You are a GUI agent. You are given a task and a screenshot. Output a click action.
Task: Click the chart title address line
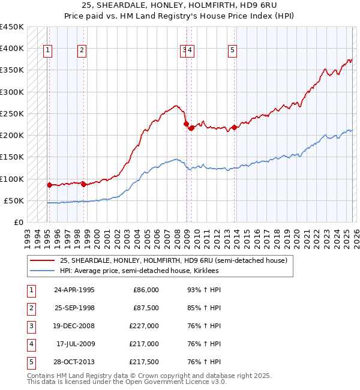(x=179, y=5)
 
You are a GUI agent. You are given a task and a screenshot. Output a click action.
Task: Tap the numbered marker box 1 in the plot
(x=47, y=50)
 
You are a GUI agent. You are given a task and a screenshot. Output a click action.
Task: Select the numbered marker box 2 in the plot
(x=82, y=50)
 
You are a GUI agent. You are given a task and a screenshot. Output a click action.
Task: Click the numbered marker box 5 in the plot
(x=232, y=50)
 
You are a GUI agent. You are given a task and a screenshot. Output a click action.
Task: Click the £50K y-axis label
(x=14, y=200)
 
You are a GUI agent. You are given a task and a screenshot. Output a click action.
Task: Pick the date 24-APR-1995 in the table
(x=74, y=290)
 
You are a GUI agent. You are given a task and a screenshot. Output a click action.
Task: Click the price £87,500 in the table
(x=146, y=308)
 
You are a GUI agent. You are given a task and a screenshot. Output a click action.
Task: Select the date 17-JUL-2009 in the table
(x=75, y=344)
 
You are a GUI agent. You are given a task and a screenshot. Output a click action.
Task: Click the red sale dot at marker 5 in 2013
(x=234, y=127)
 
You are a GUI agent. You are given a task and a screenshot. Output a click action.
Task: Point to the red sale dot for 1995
(x=49, y=185)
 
